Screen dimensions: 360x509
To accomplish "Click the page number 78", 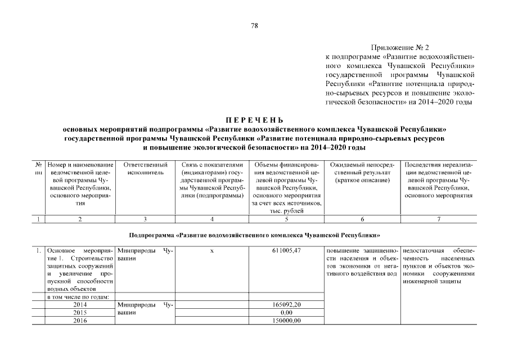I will [x=254, y=25].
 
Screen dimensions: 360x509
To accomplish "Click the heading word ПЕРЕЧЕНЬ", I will [x=254, y=120].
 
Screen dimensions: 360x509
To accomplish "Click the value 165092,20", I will [x=286, y=304].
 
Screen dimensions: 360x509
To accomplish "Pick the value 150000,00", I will [x=286, y=321].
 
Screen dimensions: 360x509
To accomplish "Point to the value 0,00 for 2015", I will [x=286, y=312].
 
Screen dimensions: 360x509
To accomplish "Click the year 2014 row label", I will [x=80, y=304].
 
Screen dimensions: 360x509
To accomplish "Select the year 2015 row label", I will [x=80, y=312].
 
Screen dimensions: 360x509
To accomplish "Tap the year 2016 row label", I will [x=80, y=321].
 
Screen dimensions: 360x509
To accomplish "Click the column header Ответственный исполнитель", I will [x=145, y=168].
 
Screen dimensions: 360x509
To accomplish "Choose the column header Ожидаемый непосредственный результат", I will [x=362, y=172].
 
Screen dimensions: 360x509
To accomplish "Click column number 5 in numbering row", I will [x=286, y=219].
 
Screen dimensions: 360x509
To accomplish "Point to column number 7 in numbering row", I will [x=438, y=219].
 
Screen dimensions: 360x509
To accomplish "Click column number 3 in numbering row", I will [x=145, y=219].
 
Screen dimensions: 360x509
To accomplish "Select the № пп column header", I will [x=39, y=168].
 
